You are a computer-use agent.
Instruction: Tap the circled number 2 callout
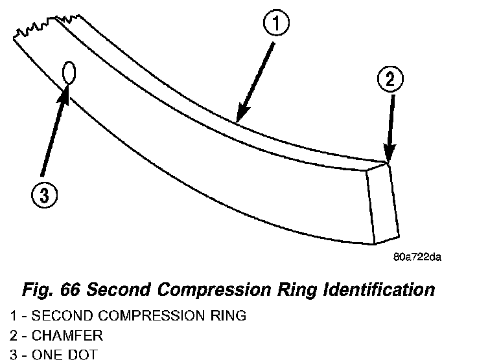click(390, 80)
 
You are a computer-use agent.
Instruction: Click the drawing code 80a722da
click(417, 257)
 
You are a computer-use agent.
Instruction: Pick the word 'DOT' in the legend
click(81, 354)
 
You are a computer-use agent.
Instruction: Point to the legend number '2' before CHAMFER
click(14, 336)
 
